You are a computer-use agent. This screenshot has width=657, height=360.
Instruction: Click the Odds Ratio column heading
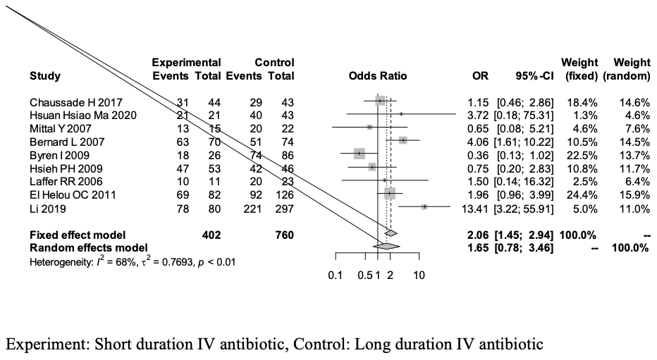(x=378, y=76)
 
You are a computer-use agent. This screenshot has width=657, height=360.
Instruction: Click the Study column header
(x=44, y=76)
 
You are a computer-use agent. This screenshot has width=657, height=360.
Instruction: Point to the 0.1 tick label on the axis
(x=336, y=275)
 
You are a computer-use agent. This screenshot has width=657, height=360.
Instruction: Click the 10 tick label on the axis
(x=419, y=275)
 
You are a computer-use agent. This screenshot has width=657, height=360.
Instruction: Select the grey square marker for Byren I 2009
(x=360, y=154)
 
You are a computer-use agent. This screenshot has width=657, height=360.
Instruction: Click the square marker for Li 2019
(x=424, y=206)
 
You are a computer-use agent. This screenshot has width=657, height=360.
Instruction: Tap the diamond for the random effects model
(x=387, y=247)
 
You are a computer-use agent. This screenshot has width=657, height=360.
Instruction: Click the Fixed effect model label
(x=77, y=235)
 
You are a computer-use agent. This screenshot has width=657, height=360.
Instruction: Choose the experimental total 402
(x=210, y=235)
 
